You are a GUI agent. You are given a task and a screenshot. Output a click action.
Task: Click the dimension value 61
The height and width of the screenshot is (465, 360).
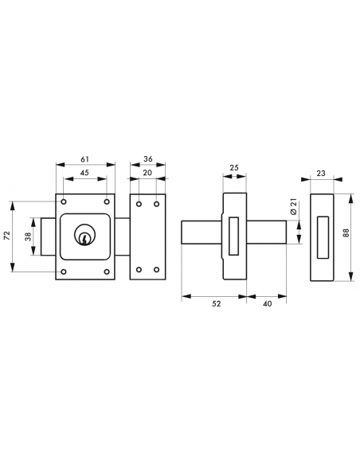tap(84, 159)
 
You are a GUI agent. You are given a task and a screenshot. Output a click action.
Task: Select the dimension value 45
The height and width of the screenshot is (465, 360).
tap(84, 173)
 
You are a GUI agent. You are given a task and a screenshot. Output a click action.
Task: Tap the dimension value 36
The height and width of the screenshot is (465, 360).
tap(148, 159)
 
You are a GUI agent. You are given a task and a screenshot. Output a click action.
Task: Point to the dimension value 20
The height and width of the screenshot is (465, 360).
tap(147, 173)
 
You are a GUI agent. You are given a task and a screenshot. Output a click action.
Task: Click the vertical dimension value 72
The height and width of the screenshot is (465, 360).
tap(7, 235)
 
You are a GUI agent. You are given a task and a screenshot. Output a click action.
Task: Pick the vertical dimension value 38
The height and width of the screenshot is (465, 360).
tap(29, 236)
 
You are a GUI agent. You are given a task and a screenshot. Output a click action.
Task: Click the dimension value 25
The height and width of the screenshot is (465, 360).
tap(234, 167)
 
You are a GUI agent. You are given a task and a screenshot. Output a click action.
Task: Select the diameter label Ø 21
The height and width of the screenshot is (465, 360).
tap(294, 208)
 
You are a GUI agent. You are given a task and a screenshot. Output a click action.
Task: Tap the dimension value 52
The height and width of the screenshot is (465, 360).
tap(217, 303)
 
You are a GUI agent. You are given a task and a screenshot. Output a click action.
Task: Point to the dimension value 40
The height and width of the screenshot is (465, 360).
tap(267, 303)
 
